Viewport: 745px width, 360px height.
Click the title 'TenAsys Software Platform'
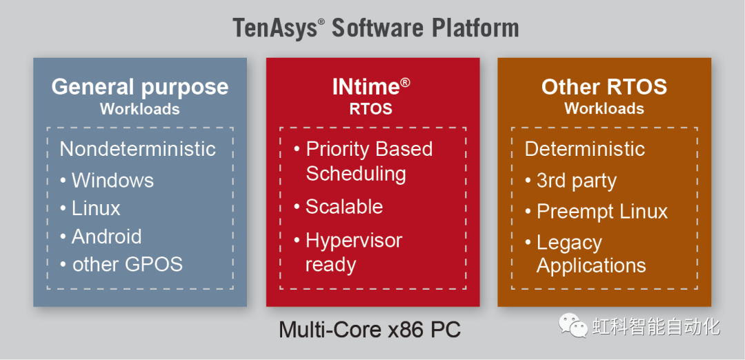tap(375, 28)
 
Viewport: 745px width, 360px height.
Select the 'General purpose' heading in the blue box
tap(139, 88)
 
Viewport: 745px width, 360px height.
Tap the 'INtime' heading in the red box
tap(370, 87)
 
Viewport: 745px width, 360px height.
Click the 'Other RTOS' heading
tap(604, 87)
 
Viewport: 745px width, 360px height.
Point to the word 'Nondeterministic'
tap(138, 149)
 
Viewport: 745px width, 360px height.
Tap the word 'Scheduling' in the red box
tap(356, 174)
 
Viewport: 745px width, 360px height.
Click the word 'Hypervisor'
tap(354, 241)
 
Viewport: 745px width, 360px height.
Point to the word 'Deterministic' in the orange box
tap(585, 149)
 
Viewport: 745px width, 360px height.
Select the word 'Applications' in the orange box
tap(591, 266)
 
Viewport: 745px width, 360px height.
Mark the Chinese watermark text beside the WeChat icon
tap(656, 326)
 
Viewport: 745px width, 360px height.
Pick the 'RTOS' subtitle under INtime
tap(370, 109)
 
